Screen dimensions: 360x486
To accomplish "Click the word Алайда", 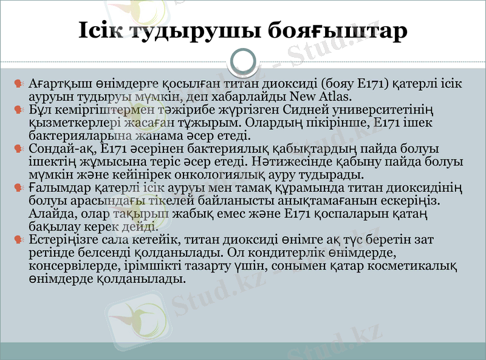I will click(49, 214).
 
